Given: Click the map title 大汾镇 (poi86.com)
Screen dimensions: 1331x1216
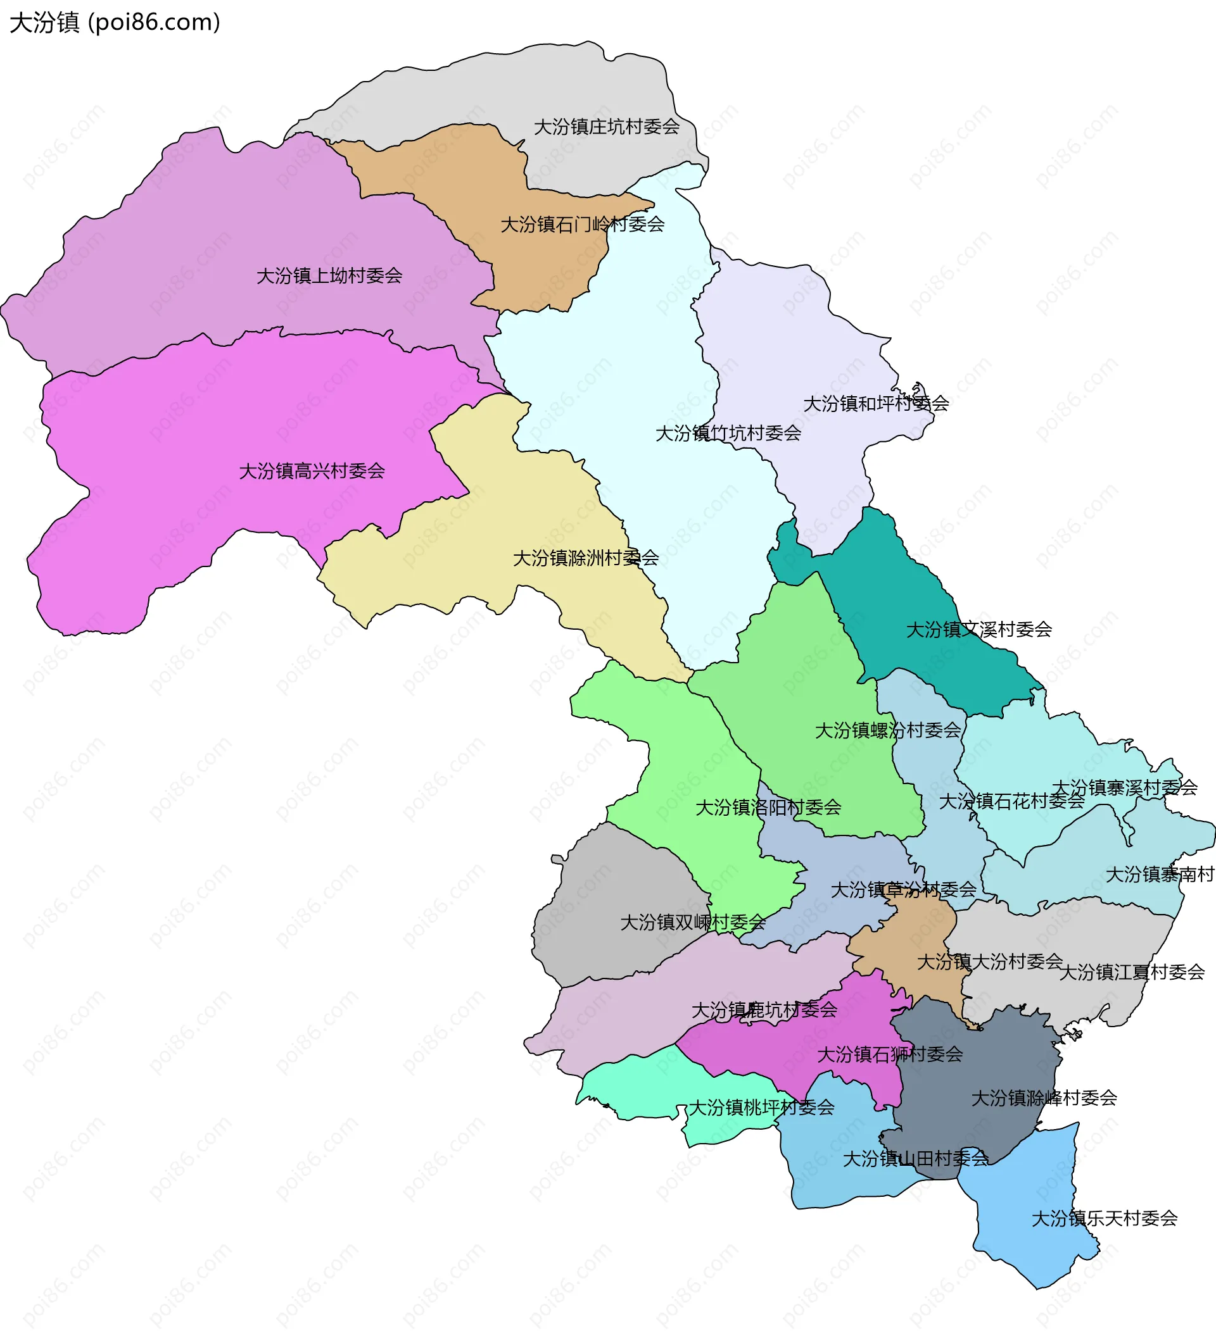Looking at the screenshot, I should (x=115, y=22).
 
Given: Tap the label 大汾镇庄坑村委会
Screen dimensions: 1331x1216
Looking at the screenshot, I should (x=606, y=127).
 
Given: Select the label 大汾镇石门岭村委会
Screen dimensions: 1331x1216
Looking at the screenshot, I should (x=583, y=225).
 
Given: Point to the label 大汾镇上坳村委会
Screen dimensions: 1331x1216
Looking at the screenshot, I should (x=329, y=276).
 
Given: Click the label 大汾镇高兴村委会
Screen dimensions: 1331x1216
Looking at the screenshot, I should (x=312, y=472).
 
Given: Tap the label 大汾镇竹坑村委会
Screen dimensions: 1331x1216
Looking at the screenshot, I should (x=728, y=434).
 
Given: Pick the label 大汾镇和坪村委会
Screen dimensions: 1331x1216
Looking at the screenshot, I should (x=876, y=404).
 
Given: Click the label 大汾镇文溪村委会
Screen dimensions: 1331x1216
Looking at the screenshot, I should (x=979, y=630).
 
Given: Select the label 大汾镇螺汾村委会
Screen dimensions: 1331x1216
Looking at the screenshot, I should (x=888, y=731).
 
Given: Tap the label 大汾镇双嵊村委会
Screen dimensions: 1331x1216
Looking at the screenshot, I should (x=692, y=923).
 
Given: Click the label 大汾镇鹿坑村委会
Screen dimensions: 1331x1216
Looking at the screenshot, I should (x=764, y=1010).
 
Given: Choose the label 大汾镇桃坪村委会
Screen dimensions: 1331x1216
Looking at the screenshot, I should (x=761, y=1108).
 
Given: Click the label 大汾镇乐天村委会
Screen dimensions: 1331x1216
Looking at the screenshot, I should (x=1105, y=1219).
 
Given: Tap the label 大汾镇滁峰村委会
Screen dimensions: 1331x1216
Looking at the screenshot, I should (x=1044, y=1099).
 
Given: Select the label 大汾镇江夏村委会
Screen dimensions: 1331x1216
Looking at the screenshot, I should (x=1132, y=973).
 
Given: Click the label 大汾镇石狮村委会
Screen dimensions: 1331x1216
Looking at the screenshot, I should (x=890, y=1055).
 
